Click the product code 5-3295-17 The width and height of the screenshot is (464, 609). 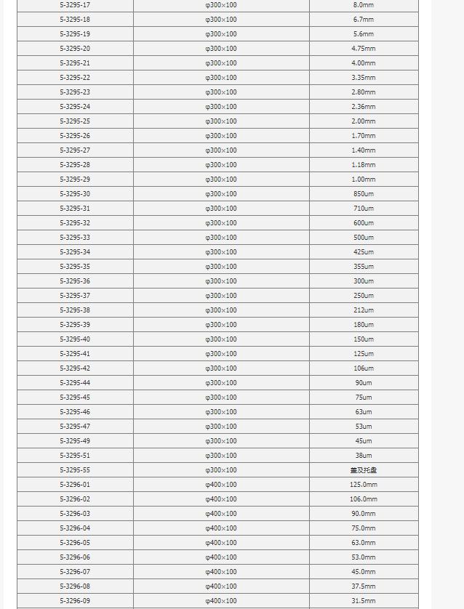75,5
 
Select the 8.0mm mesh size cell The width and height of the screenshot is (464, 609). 364,5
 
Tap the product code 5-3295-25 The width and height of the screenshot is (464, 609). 75,121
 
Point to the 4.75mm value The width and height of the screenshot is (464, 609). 364,49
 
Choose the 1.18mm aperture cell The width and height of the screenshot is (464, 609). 364,165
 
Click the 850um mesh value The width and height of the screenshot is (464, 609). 364,194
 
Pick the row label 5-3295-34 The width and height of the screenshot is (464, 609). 75,252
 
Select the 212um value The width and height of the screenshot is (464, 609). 364,310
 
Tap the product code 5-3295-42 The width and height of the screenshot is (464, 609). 75,368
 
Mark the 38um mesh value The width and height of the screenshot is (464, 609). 364,456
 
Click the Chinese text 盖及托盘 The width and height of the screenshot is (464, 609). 364,470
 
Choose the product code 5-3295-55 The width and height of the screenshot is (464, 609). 75,470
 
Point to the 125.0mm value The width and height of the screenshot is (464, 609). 364,485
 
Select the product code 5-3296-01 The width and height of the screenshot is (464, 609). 75,485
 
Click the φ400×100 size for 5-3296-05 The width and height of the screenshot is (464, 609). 221,543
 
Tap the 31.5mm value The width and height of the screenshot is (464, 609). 364,601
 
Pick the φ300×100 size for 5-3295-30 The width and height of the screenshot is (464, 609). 221,194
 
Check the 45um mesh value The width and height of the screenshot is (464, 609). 364,441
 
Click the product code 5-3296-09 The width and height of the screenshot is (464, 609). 75,601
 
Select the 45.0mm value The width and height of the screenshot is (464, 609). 364,572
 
